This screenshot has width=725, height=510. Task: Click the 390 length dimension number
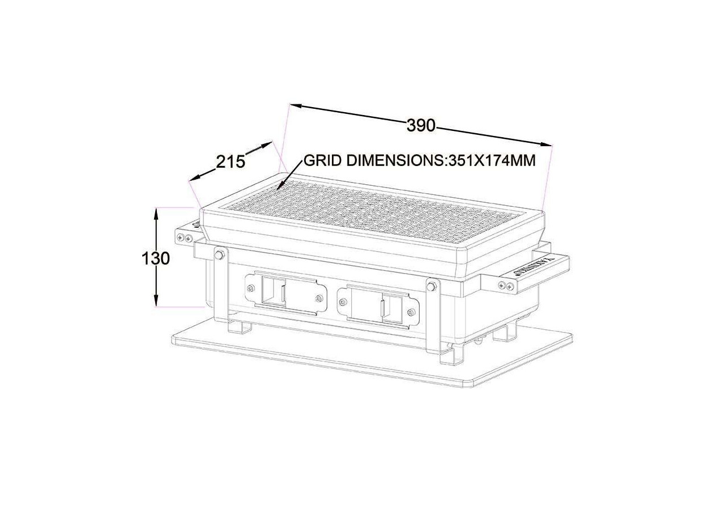(421, 125)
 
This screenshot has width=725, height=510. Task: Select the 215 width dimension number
(231, 162)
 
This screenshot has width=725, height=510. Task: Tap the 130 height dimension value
(155, 258)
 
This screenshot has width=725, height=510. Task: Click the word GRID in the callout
(323, 160)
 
